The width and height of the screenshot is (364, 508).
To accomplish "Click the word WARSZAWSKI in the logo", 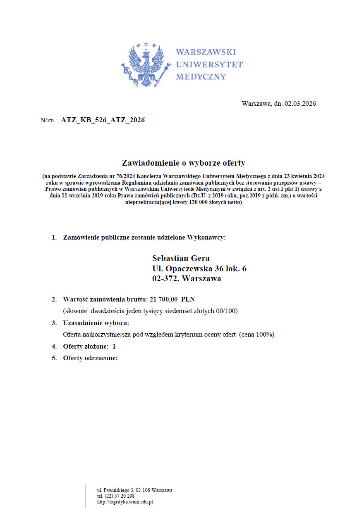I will pyautogui.click(x=206, y=52).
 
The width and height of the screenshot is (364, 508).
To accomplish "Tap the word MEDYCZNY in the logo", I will pyautogui.click(x=201, y=77).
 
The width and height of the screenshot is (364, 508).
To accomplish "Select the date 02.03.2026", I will pyautogui.click(x=300, y=104).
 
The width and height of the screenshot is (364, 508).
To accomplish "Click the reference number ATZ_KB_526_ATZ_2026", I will pyautogui.click(x=103, y=120).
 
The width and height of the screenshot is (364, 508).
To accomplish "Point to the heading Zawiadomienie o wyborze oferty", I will pyautogui.click(x=183, y=163).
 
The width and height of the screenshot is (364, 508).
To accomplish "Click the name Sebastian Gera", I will pyautogui.click(x=181, y=259).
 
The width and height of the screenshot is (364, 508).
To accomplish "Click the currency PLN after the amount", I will pyautogui.click(x=188, y=299).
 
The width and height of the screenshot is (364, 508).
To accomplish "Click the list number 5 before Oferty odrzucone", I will pyautogui.click(x=54, y=358).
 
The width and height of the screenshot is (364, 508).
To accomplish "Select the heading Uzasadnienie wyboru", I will pyautogui.click(x=96, y=323).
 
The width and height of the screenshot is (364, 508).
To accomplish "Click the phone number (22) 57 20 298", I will pyautogui.click(x=120, y=496).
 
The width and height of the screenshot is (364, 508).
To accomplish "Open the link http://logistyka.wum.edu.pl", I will pyautogui.click(x=125, y=502).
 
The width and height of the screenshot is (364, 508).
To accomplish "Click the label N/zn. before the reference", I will pyautogui.click(x=48, y=120).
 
